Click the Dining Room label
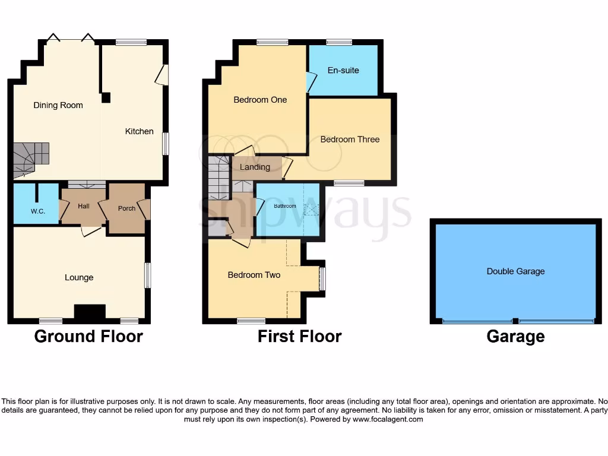click(58, 105)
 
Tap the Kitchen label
click(139, 131)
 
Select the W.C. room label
click(38, 211)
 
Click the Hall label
click(84, 206)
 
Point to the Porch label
click(126, 208)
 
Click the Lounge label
click(79, 277)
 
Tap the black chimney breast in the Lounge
click(90, 312)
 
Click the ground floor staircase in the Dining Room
click(31, 158)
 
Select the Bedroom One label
click(260, 100)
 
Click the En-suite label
click(343, 70)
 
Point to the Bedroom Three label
click(350, 140)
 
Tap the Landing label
click(255, 167)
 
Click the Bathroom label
click(285, 206)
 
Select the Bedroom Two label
click(254, 275)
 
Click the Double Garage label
click(515, 271)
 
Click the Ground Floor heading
click(88, 337)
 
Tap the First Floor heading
click(299, 337)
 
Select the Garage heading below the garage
click(515, 337)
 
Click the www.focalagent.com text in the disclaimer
click(388, 419)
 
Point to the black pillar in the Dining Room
click(106, 98)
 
